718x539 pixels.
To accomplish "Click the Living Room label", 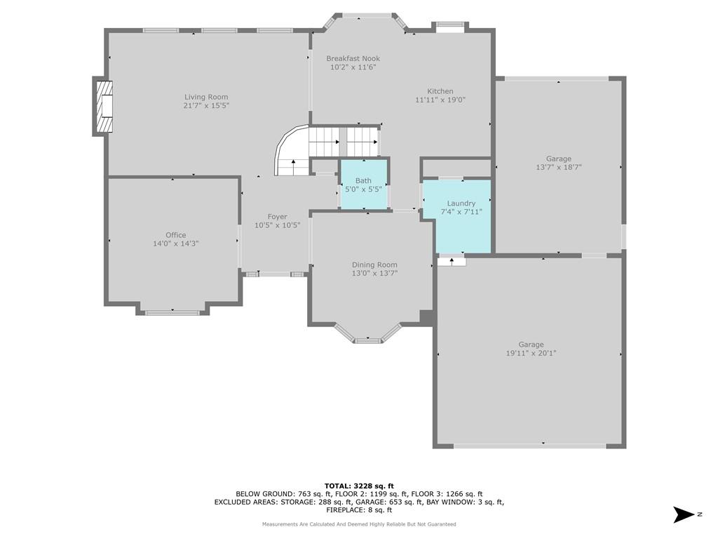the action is click(x=206, y=97).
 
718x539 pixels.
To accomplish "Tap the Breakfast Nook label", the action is click(x=353, y=59).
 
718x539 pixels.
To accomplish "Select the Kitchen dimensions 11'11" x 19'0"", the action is click(x=440, y=100).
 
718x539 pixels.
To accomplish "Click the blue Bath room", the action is click(x=364, y=184).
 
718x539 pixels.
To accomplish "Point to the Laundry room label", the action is click(x=461, y=204).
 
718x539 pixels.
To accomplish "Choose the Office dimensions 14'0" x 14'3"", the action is click(x=176, y=244).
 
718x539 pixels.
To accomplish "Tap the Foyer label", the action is click(x=278, y=217).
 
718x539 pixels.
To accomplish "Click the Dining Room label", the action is click(x=374, y=265).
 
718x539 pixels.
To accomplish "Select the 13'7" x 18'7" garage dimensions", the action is click(x=559, y=168).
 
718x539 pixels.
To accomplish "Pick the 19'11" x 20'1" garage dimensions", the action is click(x=531, y=354).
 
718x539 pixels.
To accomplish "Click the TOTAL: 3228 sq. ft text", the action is click(x=359, y=486).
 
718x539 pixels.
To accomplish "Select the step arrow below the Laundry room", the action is click(x=452, y=262).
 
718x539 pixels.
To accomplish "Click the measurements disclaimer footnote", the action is click(x=359, y=524).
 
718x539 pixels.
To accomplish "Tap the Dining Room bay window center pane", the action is click(x=368, y=340).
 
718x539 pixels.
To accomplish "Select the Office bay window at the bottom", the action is click(x=172, y=313).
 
